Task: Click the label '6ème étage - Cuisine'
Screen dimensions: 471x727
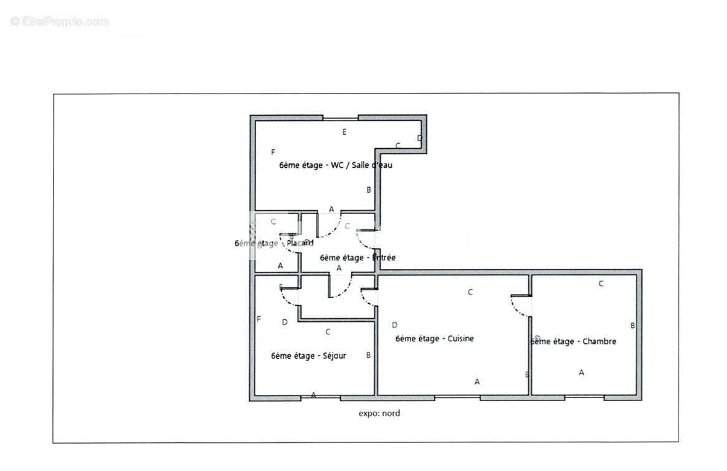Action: [x=434, y=339]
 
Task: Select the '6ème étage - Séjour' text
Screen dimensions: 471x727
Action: [x=308, y=356]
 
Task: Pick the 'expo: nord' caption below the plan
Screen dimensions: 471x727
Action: [x=379, y=413]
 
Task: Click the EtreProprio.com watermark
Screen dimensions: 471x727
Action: [x=59, y=22]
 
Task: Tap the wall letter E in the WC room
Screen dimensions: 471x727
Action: [x=344, y=132]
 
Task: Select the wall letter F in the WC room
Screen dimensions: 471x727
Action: [x=273, y=152]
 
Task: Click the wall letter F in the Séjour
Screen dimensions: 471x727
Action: [x=259, y=319]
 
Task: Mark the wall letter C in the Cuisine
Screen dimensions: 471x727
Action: [x=470, y=291]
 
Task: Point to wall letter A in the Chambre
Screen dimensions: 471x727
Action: [x=581, y=372]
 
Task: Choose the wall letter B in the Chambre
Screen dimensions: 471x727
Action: [x=632, y=325]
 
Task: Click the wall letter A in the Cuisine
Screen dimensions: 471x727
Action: [x=477, y=381]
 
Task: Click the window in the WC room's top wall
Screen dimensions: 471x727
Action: [x=340, y=117]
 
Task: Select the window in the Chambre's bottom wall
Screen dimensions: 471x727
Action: [x=584, y=397]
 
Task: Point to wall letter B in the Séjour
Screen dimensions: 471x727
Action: [x=368, y=355]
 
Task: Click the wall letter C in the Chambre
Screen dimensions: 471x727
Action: [x=601, y=283]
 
